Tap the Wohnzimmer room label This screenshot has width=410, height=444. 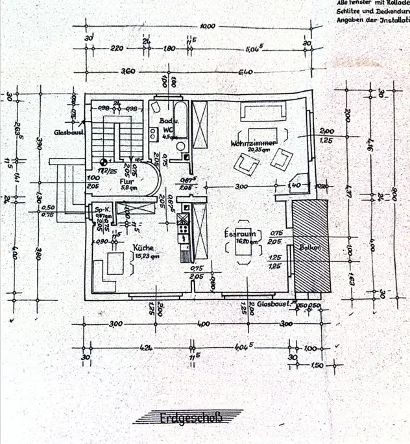pyautogui.click(x=254, y=142)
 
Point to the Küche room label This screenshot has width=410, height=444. pyautogui.click(x=143, y=248)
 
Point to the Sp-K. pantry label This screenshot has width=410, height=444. pyautogui.click(x=101, y=210)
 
